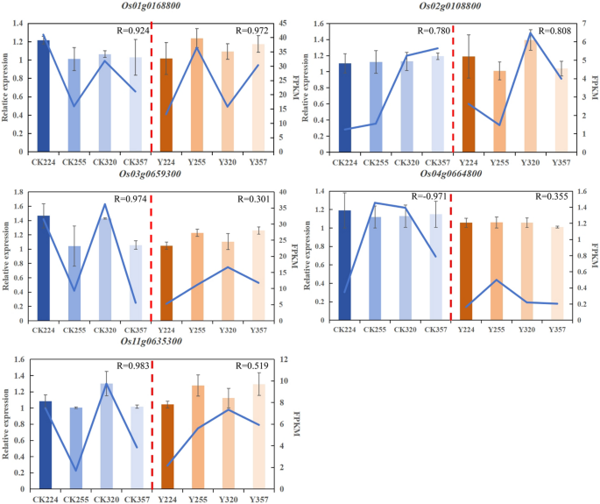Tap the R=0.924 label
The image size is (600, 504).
tap(125, 31)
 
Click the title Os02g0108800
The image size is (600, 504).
tap(447, 6)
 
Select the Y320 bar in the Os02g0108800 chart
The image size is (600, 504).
tap(530, 96)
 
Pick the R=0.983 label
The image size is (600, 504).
tap(125, 366)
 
